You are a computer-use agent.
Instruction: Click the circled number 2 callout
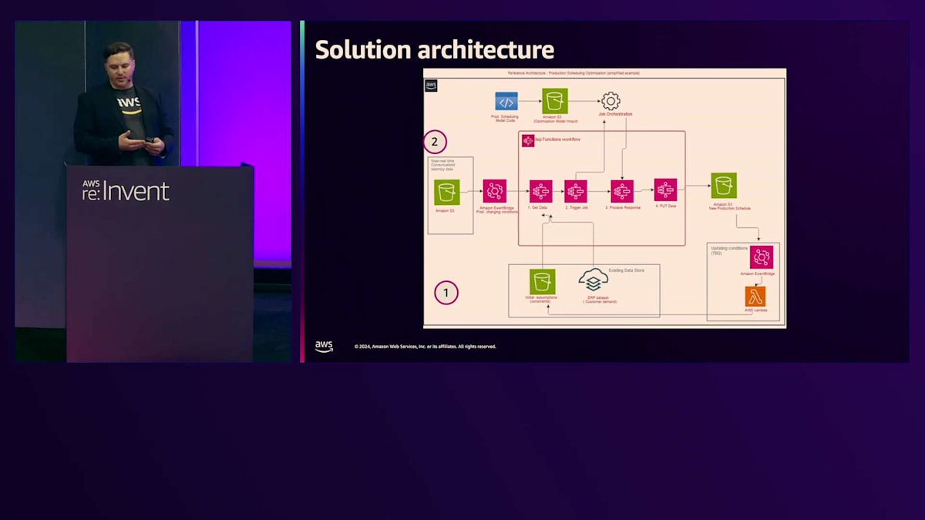[435, 142]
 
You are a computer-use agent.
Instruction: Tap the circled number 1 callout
[446, 293]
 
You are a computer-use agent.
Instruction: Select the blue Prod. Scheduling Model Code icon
[506, 101]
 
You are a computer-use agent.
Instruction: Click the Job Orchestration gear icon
[610, 101]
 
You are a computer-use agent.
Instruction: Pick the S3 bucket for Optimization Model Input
[554, 101]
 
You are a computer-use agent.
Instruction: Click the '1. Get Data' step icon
[540, 191]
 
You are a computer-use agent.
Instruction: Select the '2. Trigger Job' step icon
[575, 191]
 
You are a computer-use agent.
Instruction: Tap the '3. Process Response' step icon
[621, 191]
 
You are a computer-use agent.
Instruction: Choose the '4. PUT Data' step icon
[664, 190]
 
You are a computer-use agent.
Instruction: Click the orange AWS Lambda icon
[755, 297]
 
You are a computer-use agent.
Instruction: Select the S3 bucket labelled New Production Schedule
[723, 186]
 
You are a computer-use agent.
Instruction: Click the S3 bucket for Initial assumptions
[542, 281]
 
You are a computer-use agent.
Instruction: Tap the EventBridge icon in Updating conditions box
[761, 257]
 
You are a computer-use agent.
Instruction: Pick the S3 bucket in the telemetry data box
[446, 192]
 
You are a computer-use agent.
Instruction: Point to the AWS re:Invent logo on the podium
[126, 190]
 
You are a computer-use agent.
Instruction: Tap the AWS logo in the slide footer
[324, 346]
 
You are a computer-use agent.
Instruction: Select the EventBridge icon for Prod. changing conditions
[494, 191]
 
